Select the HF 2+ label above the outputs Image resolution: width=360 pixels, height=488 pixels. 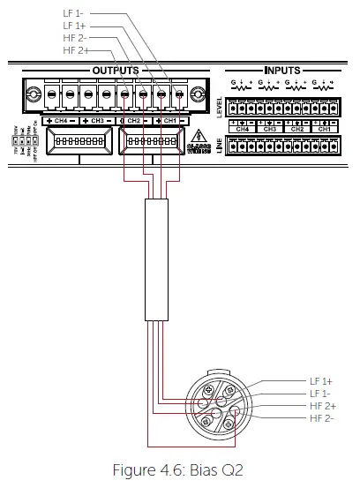(x=76, y=51)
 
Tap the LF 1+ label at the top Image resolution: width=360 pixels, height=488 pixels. (x=75, y=27)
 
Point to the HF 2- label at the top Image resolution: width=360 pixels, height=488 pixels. (x=76, y=40)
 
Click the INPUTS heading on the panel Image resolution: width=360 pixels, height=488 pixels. (x=281, y=70)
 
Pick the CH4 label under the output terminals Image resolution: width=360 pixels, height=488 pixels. (x=60, y=119)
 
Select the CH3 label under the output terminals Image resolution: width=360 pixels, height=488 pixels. (x=97, y=119)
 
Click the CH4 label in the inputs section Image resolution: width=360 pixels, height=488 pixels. (x=243, y=129)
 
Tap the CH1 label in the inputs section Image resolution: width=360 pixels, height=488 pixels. (x=324, y=129)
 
